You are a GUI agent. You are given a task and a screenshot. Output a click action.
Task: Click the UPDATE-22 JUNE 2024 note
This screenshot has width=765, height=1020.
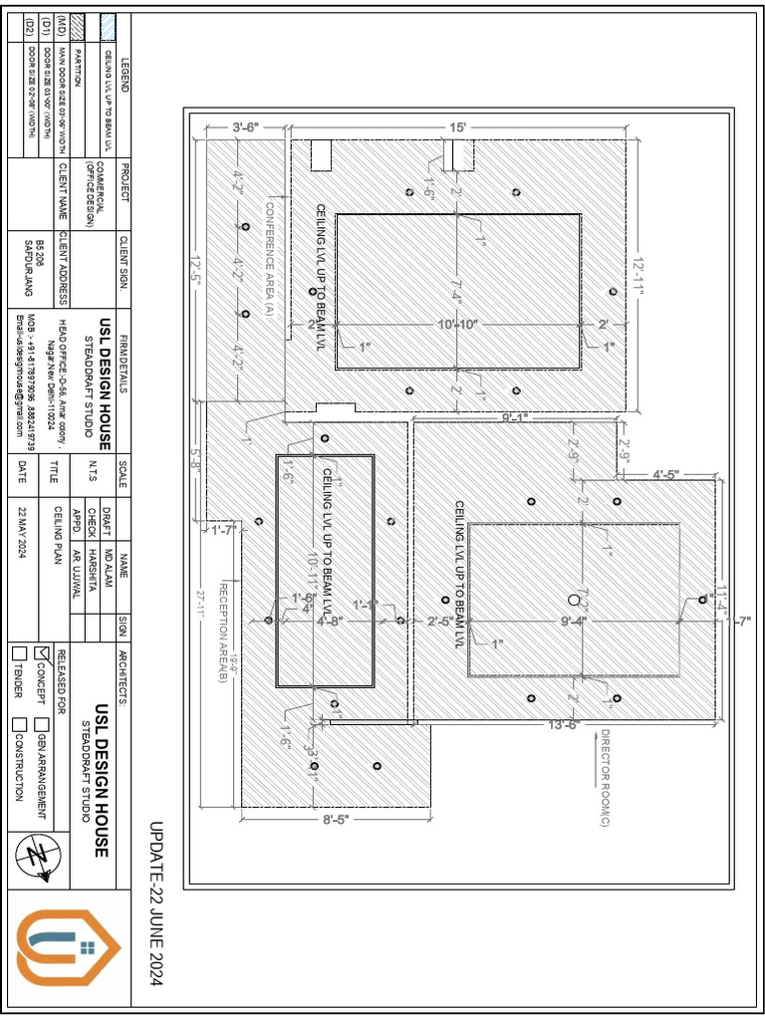[156, 904]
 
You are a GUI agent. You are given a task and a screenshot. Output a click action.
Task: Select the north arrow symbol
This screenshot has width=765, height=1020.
[41, 855]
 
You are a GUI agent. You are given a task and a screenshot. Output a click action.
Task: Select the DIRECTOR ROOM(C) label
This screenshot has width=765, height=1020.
[602, 778]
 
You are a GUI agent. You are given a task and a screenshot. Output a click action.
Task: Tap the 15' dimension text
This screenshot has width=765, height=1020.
[456, 128]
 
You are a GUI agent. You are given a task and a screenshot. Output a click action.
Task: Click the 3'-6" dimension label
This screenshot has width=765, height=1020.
[245, 127]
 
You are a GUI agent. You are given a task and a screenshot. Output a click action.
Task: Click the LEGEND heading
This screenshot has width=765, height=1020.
[125, 76]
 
